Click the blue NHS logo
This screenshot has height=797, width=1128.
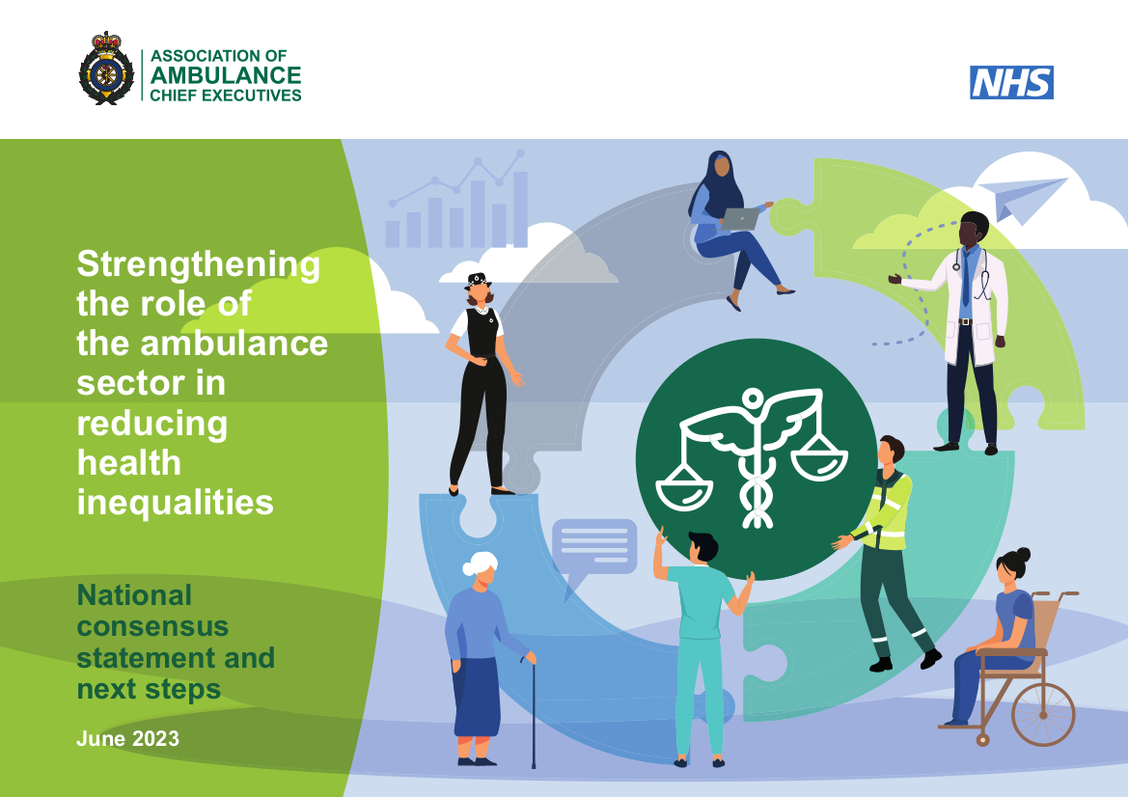[x=1011, y=83]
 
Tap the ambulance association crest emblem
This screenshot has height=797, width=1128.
[x=106, y=68]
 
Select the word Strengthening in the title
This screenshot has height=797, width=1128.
[x=198, y=264]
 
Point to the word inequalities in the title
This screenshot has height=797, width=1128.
[x=175, y=503]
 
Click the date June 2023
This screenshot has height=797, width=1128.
[x=127, y=739]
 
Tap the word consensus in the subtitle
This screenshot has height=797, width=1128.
[x=152, y=626]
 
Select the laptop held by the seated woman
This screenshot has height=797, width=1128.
[x=741, y=218]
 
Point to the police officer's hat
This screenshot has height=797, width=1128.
[x=478, y=281]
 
